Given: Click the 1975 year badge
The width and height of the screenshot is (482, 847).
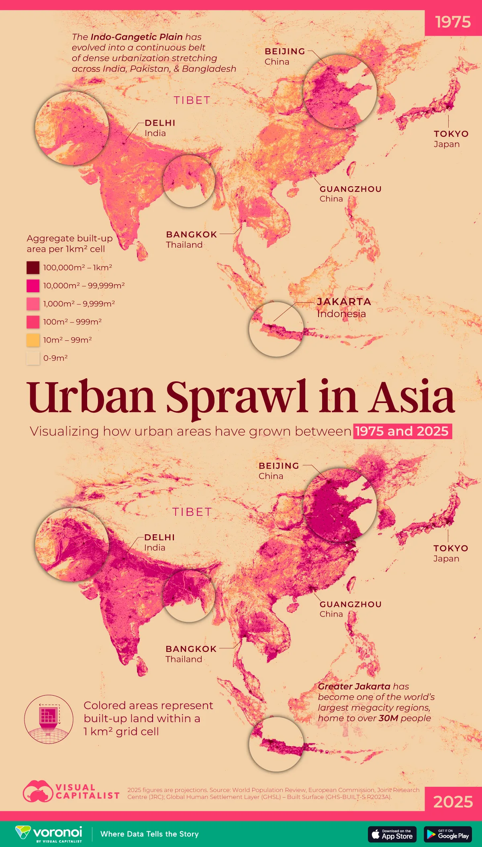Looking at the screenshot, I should (x=453, y=22).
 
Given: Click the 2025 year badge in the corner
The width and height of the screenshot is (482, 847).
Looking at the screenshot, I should (x=453, y=802).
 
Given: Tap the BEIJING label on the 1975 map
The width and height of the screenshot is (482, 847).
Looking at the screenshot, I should (x=285, y=51).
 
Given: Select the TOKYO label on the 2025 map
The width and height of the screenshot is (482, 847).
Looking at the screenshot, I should (x=451, y=548).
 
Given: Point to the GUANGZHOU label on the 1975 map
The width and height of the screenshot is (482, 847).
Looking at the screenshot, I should (x=350, y=189).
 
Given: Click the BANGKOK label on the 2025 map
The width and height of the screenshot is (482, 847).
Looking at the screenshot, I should (x=191, y=649).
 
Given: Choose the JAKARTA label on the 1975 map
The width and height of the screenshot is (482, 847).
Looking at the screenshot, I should (x=344, y=302).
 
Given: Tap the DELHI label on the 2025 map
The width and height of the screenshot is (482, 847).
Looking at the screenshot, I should (x=159, y=538).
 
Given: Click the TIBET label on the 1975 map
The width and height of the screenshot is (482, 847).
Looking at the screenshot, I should (x=192, y=100).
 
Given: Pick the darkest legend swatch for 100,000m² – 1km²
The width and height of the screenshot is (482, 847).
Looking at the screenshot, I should (x=33, y=268).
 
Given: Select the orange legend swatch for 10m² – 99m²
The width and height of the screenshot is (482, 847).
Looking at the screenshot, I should (x=33, y=340).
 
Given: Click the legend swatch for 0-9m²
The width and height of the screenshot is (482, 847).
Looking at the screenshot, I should (x=33, y=358).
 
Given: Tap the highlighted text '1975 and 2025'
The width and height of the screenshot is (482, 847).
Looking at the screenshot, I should (x=402, y=431).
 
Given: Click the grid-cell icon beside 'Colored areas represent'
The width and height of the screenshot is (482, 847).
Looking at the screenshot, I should (x=49, y=719).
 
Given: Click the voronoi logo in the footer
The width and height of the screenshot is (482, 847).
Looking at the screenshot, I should (x=49, y=833).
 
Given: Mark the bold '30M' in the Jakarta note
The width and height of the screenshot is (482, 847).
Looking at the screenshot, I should (x=388, y=718).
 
